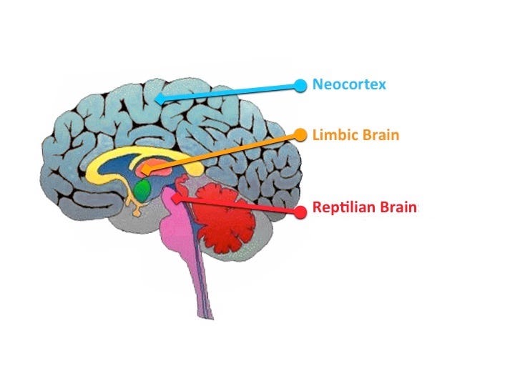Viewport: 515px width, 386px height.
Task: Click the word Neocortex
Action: (x=349, y=84)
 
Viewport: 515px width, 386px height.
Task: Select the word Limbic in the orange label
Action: (x=331, y=134)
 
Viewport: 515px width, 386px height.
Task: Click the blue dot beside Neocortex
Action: (x=300, y=85)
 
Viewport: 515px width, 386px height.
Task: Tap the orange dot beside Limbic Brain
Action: (x=300, y=135)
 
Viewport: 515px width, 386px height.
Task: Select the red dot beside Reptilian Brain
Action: (x=300, y=212)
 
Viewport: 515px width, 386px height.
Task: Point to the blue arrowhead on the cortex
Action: (x=160, y=99)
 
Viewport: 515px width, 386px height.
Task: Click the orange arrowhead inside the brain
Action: (x=147, y=169)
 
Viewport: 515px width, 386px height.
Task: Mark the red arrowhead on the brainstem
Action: (x=177, y=198)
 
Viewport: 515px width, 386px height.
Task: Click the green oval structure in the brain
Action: (x=143, y=189)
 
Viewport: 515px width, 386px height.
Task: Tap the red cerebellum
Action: (x=223, y=218)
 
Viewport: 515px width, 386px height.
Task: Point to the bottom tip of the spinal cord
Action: (x=206, y=318)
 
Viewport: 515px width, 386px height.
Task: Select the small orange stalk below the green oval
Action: (x=136, y=207)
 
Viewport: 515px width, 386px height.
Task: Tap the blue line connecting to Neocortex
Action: (x=230, y=92)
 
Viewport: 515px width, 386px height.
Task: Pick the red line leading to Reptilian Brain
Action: (x=238, y=205)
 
